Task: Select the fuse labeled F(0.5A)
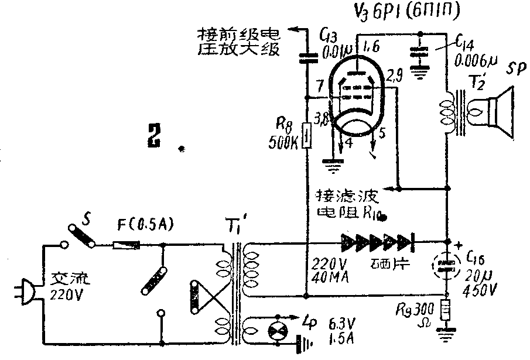point(126,246)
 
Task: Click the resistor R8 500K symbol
point(306,136)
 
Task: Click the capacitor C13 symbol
point(306,57)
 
